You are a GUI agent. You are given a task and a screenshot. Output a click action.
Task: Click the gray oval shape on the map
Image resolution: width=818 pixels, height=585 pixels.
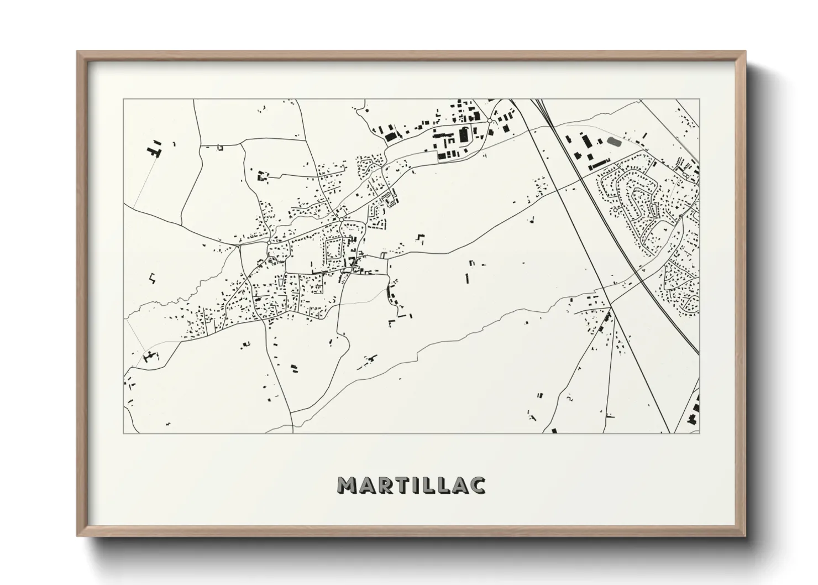click(x=613, y=142)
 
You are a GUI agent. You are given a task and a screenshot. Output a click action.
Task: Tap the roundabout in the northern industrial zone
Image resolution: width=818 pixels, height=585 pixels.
click(x=490, y=121)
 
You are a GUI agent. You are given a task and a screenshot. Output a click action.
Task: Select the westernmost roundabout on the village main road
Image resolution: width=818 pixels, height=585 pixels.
click(x=269, y=242)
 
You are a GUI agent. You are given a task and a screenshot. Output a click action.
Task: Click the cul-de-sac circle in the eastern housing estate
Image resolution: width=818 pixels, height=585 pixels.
click(x=615, y=211)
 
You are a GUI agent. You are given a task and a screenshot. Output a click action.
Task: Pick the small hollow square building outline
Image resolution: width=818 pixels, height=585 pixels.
click(x=219, y=148)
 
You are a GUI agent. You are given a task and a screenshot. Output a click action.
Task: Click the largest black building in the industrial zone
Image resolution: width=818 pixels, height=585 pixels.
click(x=463, y=134)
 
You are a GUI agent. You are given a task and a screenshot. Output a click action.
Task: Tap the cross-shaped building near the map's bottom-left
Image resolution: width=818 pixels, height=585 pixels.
click(x=148, y=357)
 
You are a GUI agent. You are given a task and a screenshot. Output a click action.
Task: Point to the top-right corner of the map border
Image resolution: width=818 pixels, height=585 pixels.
click(x=699, y=100)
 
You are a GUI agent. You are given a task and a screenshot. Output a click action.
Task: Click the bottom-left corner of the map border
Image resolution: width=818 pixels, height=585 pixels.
click(x=124, y=433)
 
